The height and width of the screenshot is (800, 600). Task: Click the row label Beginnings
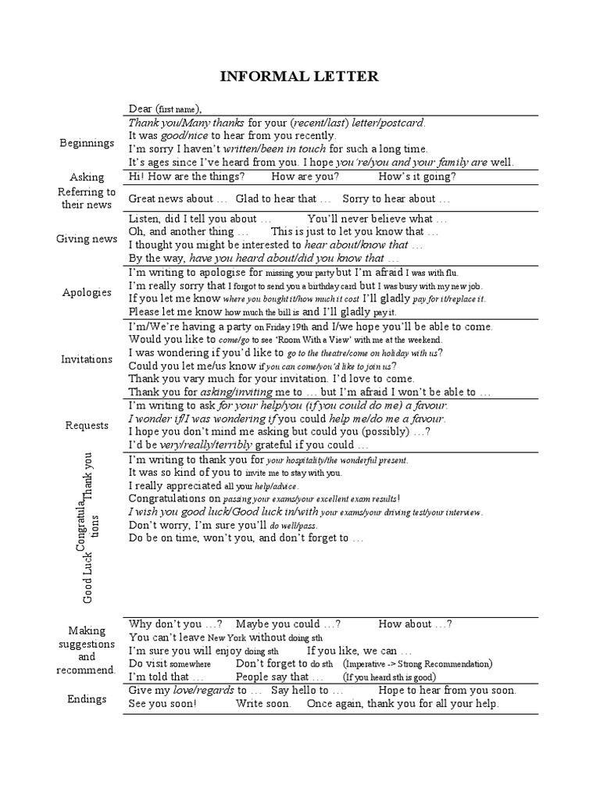point(86,143)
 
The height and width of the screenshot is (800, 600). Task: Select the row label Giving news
point(87,239)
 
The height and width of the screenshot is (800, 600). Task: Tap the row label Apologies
point(87,292)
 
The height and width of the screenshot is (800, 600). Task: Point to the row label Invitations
point(87,359)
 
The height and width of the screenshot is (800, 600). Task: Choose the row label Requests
point(87,426)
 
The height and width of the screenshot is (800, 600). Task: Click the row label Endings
point(87,698)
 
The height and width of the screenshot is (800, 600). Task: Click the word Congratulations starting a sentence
point(174,498)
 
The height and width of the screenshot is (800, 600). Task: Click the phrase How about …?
point(415,624)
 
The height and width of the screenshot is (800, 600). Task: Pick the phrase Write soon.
point(264,704)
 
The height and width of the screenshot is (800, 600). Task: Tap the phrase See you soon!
point(162,704)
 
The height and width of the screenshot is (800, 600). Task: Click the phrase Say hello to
point(307,691)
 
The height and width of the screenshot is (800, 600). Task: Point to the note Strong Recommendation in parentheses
point(442,664)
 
